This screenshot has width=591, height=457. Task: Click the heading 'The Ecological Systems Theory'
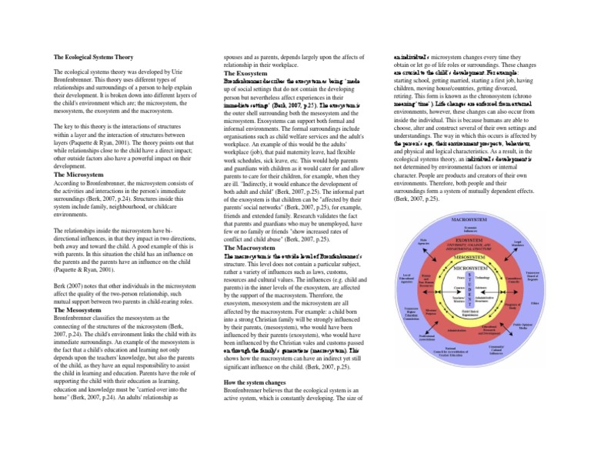click(92, 56)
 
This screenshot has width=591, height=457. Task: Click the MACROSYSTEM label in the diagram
click(469, 220)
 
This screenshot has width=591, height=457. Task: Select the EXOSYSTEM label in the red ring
click(469, 239)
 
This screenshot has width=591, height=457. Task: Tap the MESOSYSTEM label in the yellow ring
click(469, 259)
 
